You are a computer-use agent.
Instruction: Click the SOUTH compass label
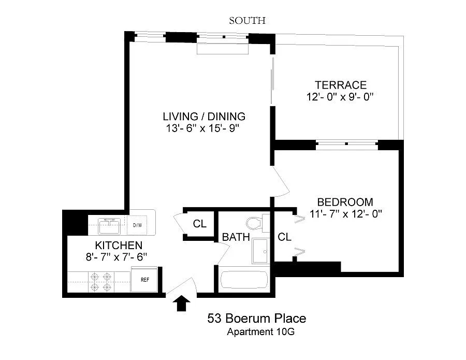tap(247, 21)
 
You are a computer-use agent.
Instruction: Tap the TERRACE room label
tap(341, 85)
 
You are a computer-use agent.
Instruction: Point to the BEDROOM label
tap(345, 202)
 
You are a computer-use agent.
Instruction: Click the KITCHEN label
tap(119, 245)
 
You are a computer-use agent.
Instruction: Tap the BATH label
tap(236, 237)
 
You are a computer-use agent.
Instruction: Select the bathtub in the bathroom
tap(244, 280)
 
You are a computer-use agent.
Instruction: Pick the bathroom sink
tap(260, 251)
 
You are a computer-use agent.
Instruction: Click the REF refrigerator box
tap(144, 279)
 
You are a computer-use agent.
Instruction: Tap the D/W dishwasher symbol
tap(137, 225)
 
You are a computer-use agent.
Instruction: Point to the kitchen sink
tap(109, 226)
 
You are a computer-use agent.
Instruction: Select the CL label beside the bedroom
tap(284, 237)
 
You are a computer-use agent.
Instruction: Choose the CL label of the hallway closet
tap(199, 224)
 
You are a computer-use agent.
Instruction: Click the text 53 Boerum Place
tap(257, 319)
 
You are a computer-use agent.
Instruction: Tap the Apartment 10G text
tap(260, 332)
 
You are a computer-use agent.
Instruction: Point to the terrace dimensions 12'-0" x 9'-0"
tap(340, 97)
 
